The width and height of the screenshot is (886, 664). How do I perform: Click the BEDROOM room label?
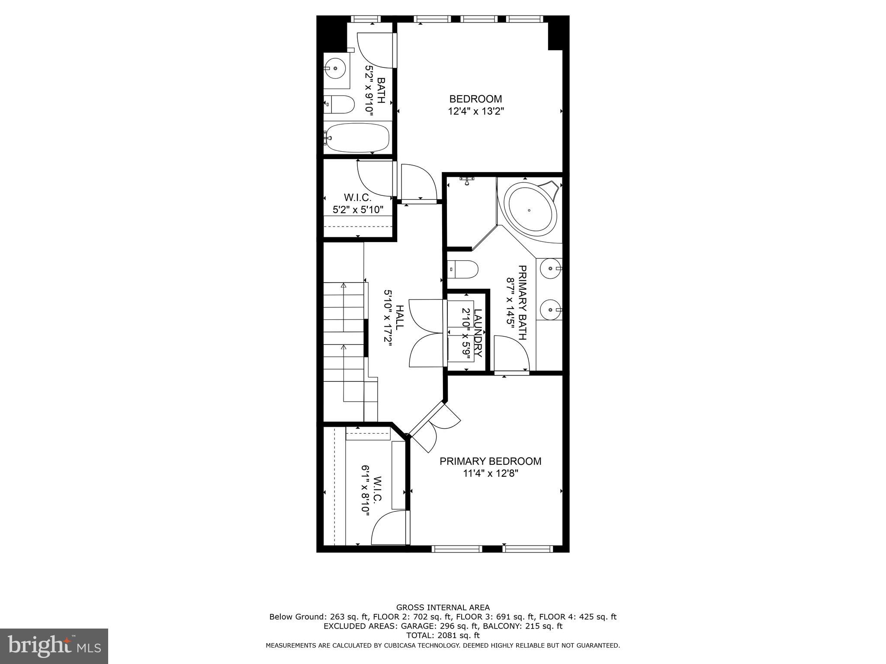point(475,99)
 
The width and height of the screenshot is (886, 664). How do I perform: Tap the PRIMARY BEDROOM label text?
point(490,461)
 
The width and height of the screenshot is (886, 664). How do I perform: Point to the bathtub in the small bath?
point(357,138)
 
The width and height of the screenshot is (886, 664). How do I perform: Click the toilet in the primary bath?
point(463,269)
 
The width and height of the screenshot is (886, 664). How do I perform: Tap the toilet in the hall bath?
point(340,104)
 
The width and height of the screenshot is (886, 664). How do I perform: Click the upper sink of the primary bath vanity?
point(550,268)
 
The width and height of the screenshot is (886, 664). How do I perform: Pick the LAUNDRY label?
point(478,333)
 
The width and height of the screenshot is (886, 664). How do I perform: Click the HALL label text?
point(400,317)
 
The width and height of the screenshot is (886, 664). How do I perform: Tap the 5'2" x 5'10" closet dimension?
point(358,210)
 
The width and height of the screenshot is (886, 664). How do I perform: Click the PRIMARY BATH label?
point(522,303)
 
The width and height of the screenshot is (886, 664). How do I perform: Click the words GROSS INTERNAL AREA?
point(443,607)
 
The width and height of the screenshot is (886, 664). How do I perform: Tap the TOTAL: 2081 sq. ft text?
point(443,635)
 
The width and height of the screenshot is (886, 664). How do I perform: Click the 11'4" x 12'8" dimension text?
point(490,474)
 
